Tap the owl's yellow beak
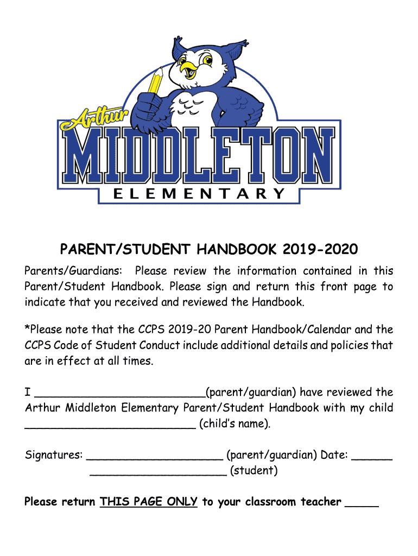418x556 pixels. point(188,68)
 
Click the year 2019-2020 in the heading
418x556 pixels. point(320,249)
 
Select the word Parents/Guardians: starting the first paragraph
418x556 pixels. point(73,271)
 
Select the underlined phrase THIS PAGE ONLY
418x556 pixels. point(148,502)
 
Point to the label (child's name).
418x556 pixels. point(235,424)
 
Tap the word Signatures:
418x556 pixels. point(54,455)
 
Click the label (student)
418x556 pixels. point(254,471)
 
